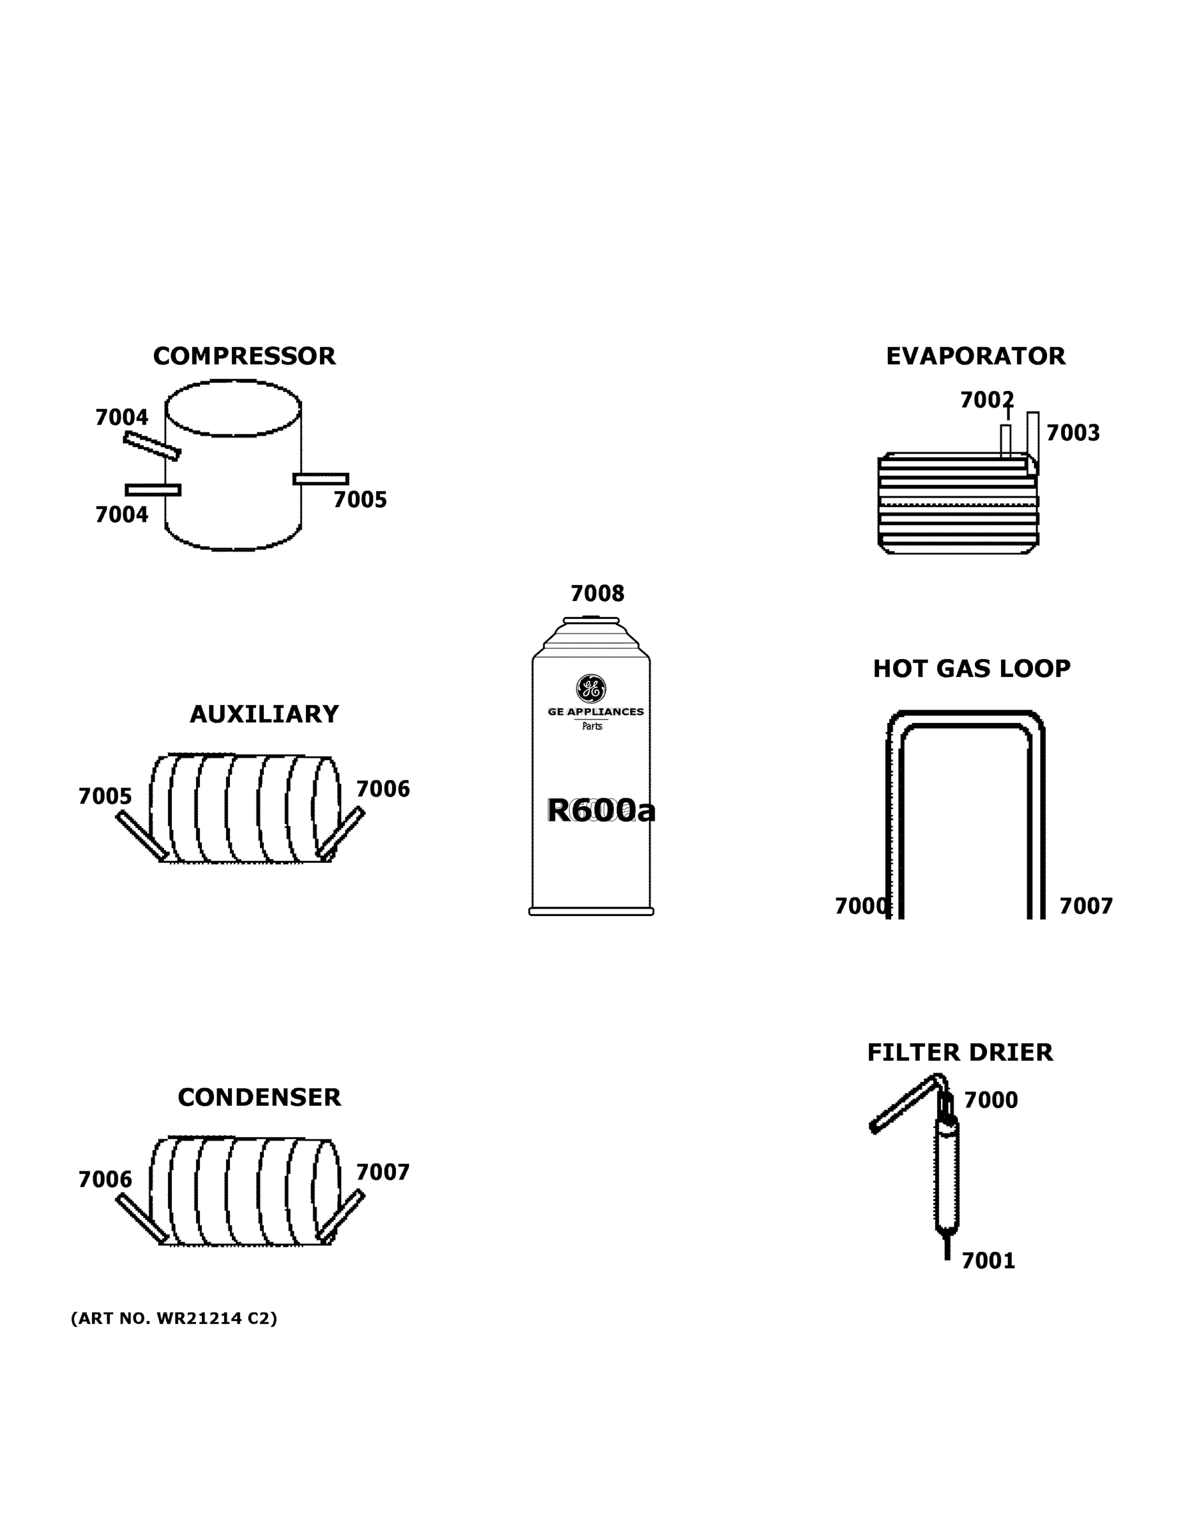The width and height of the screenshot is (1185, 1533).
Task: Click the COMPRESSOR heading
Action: point(243,356)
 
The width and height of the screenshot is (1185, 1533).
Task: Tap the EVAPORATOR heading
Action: point(975,356)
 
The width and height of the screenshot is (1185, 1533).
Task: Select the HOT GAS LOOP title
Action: point(971,668)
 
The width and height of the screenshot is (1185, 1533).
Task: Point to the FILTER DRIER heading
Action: point(959,1052)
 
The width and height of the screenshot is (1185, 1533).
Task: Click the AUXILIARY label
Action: point(264,714)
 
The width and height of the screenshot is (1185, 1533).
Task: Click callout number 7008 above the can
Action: point(597,594)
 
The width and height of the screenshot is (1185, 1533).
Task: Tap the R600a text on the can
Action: point(601,811)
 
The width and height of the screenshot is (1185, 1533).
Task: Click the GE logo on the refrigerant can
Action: point(591,689)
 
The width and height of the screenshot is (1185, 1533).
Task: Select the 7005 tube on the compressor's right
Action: point(321,478)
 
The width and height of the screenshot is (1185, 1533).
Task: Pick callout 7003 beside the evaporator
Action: point(1073,433)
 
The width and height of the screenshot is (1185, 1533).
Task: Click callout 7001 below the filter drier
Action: point(988,1262)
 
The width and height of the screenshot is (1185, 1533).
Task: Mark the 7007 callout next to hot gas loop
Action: point(1085,906)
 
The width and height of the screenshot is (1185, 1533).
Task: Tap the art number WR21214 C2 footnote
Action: point(174,1318)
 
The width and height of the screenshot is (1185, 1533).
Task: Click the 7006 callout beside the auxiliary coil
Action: point(383,789)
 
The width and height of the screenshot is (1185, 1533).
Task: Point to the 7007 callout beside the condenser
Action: point(383,1172)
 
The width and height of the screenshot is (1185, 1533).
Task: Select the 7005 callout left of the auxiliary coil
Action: point(105,797)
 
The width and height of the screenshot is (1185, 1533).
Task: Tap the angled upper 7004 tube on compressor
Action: point(151,446)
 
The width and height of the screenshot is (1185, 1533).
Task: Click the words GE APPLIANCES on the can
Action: point(595,712)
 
